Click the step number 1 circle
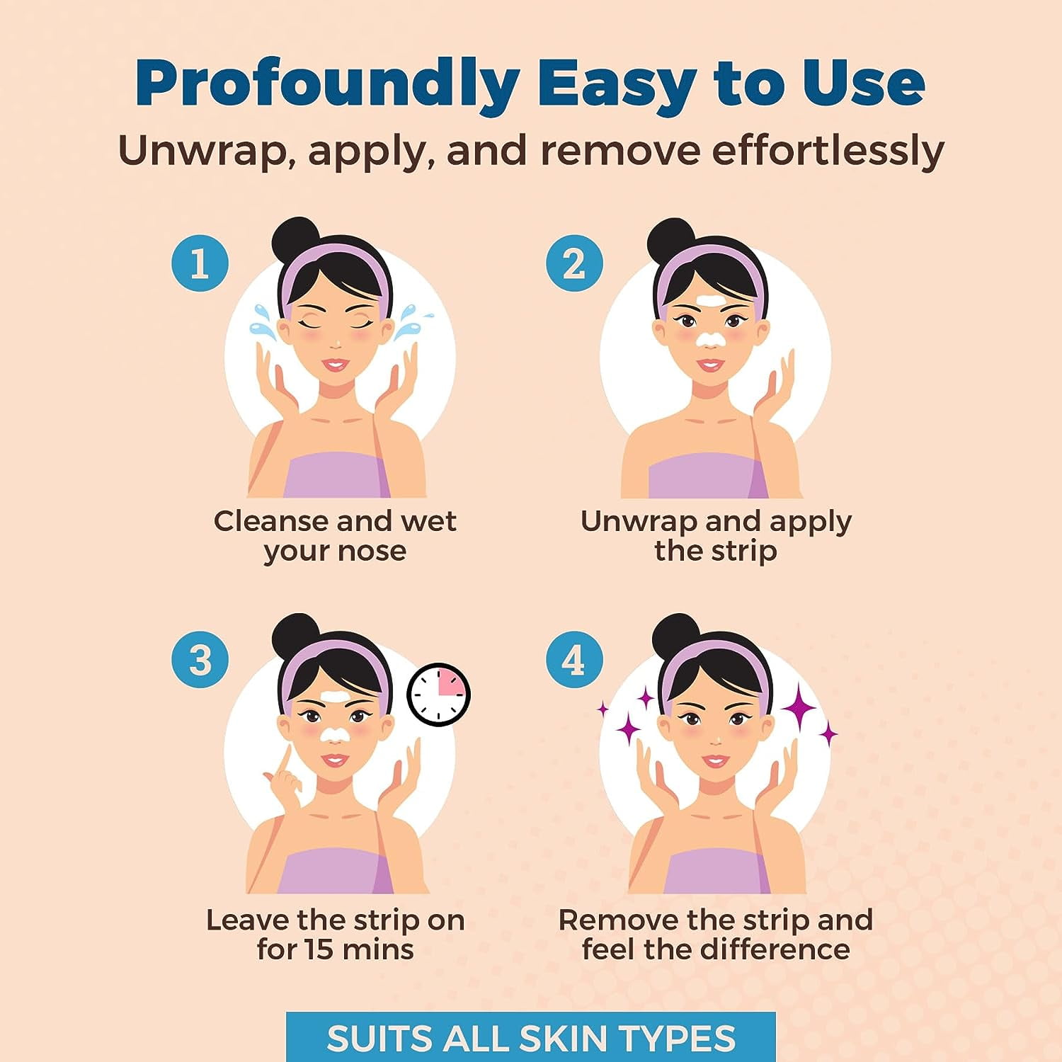click(200, 263)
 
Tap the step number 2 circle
click(574, 263)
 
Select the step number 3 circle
click(200, 659)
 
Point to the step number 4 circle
click(574, 659)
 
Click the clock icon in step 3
click(439, 695)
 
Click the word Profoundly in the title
click(328, 84)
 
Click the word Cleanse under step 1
click(270, 521)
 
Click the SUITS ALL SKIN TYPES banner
click(531, 1037)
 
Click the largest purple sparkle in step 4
click(799, 703)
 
